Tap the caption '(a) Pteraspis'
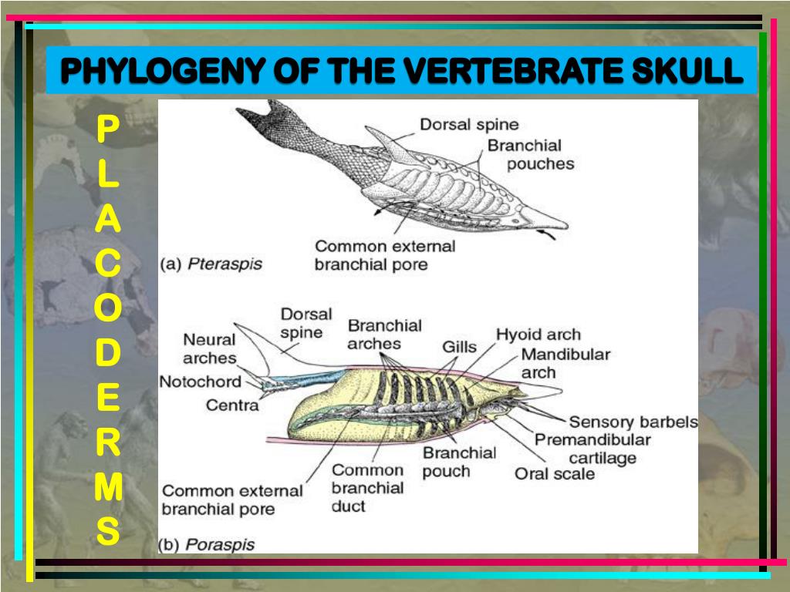(211, 264)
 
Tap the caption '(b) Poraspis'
(206, 544)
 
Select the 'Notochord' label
(200, 382)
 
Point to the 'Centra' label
(232, 404)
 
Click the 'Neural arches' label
(209, 348)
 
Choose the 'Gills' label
(459, 347)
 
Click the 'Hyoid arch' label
(538, 335)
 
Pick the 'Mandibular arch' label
(565, 363)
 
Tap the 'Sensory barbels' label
(633, 422)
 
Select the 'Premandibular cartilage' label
(592, 449)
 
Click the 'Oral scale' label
(555, 473)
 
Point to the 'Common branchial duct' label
(367, 488)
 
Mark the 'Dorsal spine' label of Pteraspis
(469, 124)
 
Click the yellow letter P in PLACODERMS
(108, 129)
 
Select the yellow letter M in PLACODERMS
(108, 487)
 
